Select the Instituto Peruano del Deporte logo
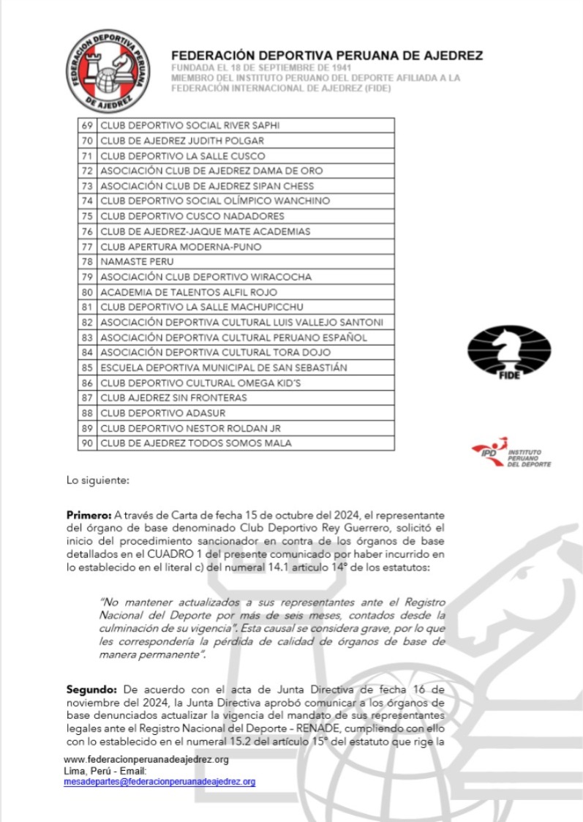tap(511, 454)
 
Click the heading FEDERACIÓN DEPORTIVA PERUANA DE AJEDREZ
tap(327, 56)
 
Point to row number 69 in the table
tap(86, 125)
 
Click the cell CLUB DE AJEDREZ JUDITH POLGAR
tap(182, 141)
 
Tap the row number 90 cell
tap(86, 443)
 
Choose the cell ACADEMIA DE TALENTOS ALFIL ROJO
tap(189, 292)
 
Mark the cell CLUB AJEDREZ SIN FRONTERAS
tap(173, 397)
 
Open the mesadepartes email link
tap(159, 782)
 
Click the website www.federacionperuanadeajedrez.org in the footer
tap(146, 760)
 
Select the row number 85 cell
tap(86, 367)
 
